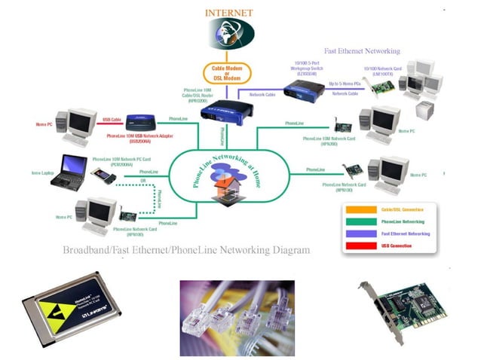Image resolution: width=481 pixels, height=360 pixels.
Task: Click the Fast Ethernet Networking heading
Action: coord(362,51)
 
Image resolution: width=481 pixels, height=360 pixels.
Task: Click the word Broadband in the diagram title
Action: coord(87,249)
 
